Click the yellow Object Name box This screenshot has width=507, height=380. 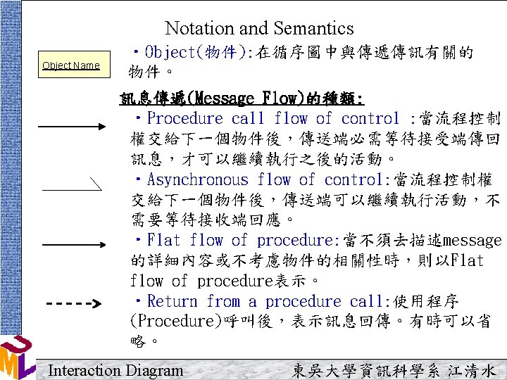point(74,64)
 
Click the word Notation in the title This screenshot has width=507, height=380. point(200,27)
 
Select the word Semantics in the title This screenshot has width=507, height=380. point(313,27)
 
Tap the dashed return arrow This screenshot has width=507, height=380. point(74,304)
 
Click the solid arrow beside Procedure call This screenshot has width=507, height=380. point(72,127)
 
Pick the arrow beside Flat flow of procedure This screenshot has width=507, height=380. point(74,245)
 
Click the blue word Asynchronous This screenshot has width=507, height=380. point(197,179)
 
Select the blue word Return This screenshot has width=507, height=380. point(172,301)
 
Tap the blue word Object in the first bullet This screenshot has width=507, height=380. point(170,52)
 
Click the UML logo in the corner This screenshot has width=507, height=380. point(17,357)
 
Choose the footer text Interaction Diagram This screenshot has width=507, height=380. point(115,370)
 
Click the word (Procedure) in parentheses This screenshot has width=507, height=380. point(177,321)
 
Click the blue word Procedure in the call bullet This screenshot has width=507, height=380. point(185,118)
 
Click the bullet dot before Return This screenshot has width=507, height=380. point(139,300)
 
